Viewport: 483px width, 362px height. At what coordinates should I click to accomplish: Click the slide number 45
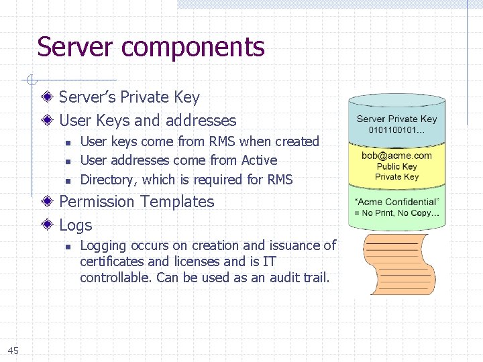[13, 351]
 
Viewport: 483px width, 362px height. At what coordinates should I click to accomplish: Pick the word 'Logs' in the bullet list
[76, 225]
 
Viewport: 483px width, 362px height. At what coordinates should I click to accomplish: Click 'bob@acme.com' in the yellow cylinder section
[396, 156]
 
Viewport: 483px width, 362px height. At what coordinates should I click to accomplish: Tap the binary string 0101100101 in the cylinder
[396, 129]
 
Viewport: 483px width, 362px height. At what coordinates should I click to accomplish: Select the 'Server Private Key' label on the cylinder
[396, 119]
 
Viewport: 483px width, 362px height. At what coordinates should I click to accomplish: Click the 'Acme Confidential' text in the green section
[396, 202]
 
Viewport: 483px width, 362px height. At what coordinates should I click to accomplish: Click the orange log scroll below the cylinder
[398, 263]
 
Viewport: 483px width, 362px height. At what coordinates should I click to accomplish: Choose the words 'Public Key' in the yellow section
[396, 166]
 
